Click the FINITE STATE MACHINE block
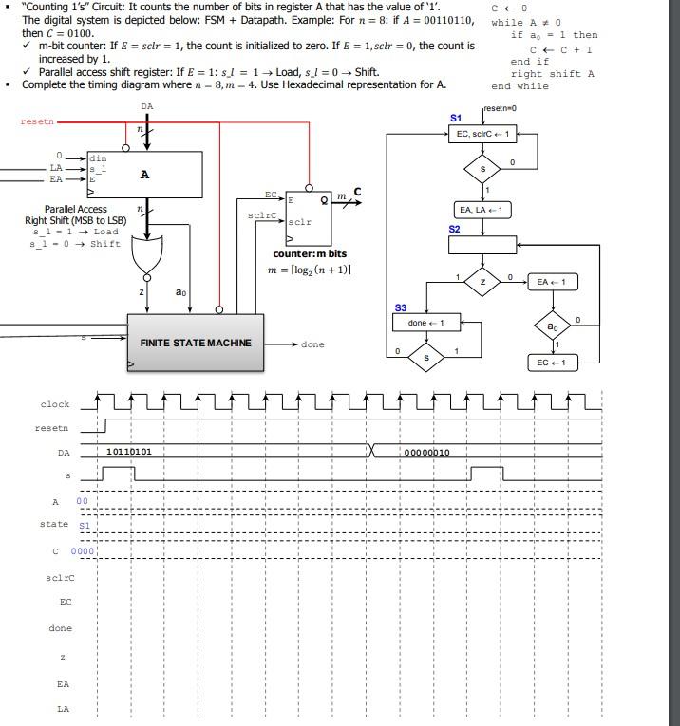pyautogui.click(x=196, y=343)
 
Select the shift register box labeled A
pyautogui.click(x=144, y=174)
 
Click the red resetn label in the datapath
pyautogui.click(x=37, y=121)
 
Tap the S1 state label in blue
pyautogui.click(x=456, y=118)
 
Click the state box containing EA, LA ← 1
pyautogui.click(x=483, y=209)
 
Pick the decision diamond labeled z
pyautogui.click(x=482, y=282)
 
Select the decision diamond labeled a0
pyautogui.click(x=552, y=326)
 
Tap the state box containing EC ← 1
pyautogui.click(x=552, y=363)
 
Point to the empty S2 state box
pyautogui.click(x=482, y=245)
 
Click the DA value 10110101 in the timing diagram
pyautogui.click(x=128, y=452)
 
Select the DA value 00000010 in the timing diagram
pyautogui.click(x=426, y=453)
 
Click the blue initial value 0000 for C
pyautogui.click(x=83, y=550)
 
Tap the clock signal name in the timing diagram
pyautogui.click(x=55, y=404)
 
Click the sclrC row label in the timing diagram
pyautogui.click(x=60, y=577)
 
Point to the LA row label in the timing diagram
pyautogui.click(x=63, y=708)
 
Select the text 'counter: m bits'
pyautogui.click(x=310, y=254)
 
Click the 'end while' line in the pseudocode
pyautogui.click(x=519, y=86)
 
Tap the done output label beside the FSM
pyautogui.click(x=312, y=344)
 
